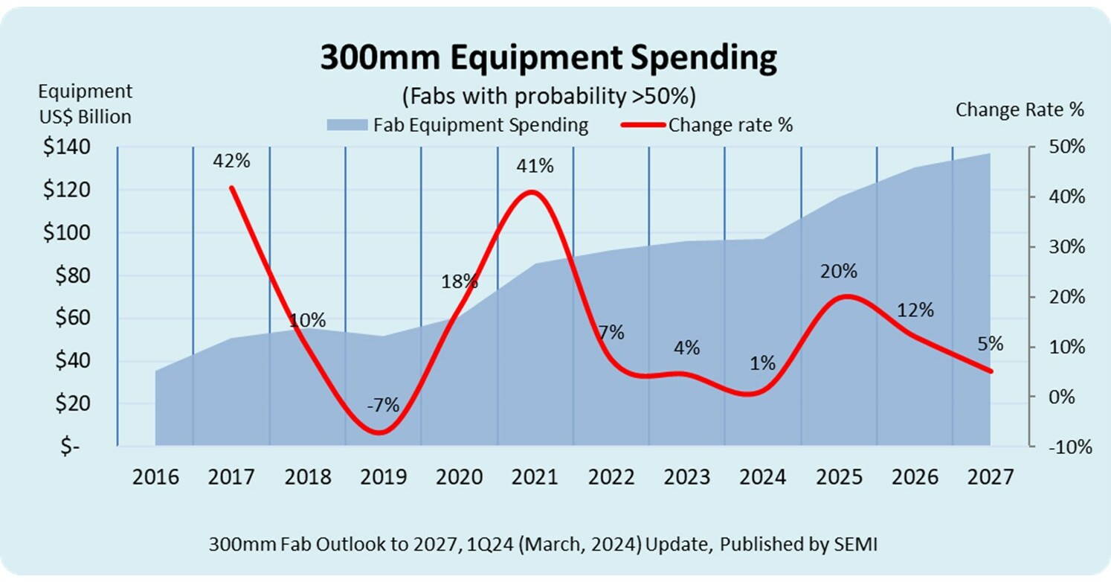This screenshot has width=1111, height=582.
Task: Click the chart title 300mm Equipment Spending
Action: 548,58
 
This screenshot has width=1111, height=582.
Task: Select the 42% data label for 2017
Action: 231,161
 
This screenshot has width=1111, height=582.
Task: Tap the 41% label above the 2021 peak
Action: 535,166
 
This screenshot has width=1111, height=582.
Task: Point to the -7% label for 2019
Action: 383,406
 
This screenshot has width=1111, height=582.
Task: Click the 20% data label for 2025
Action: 840,272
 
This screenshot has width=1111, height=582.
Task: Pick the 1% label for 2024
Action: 763,364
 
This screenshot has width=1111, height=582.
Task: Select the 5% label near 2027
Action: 991,344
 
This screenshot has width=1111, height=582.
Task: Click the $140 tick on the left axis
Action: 66,147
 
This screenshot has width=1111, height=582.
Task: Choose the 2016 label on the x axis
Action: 155,477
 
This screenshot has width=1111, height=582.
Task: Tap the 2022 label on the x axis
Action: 611,477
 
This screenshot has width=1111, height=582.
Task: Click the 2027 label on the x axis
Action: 990,477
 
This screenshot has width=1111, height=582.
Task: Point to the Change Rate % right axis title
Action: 1020,110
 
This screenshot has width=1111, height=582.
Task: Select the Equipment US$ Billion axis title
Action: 85,104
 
